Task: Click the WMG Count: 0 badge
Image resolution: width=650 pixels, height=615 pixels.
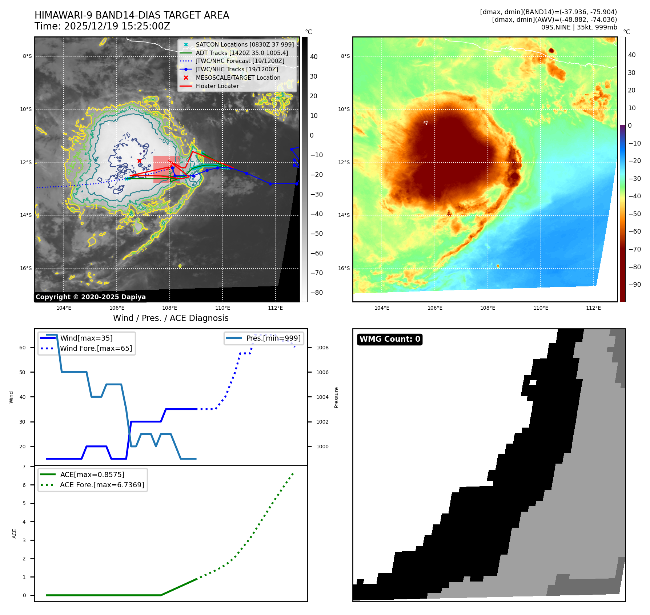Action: tap(390, 339)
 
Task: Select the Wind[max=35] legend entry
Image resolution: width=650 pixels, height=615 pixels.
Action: tap(86, 338)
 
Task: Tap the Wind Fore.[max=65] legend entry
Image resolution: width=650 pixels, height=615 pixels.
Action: tap(96, 348)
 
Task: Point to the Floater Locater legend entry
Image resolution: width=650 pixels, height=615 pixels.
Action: tap(217, 86)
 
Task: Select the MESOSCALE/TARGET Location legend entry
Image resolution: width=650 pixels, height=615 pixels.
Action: tap(238, 78)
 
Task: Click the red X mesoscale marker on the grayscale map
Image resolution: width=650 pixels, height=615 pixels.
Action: tap(139, 161)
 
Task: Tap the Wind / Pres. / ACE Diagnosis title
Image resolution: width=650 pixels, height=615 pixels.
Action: tap(171, 318)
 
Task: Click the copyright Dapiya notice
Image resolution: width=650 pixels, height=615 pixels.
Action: tap(91, 297)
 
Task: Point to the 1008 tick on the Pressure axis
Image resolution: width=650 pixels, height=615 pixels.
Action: tap(322, 348)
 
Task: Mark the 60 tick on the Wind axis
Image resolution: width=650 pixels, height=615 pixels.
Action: tap(23, 348)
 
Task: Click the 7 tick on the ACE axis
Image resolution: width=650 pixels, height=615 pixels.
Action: tap(24, 467)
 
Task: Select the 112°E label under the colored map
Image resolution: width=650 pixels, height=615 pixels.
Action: tap(593, 308)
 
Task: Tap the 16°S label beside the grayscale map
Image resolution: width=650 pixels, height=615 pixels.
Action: tap(26, 269)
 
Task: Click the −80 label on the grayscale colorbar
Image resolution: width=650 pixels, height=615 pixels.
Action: tap(316, 293)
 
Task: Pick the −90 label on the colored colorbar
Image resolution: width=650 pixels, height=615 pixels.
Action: tap(634, 285)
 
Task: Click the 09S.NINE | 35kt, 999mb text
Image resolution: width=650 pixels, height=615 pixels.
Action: tap(579, 27)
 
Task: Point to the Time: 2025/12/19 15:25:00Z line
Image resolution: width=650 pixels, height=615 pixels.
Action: tap(102, 26)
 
